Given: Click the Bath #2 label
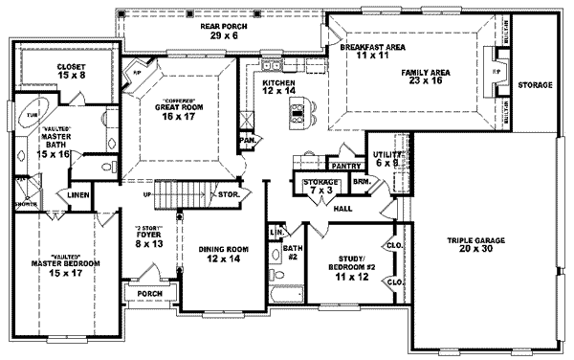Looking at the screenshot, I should click(x=293, y=253).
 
